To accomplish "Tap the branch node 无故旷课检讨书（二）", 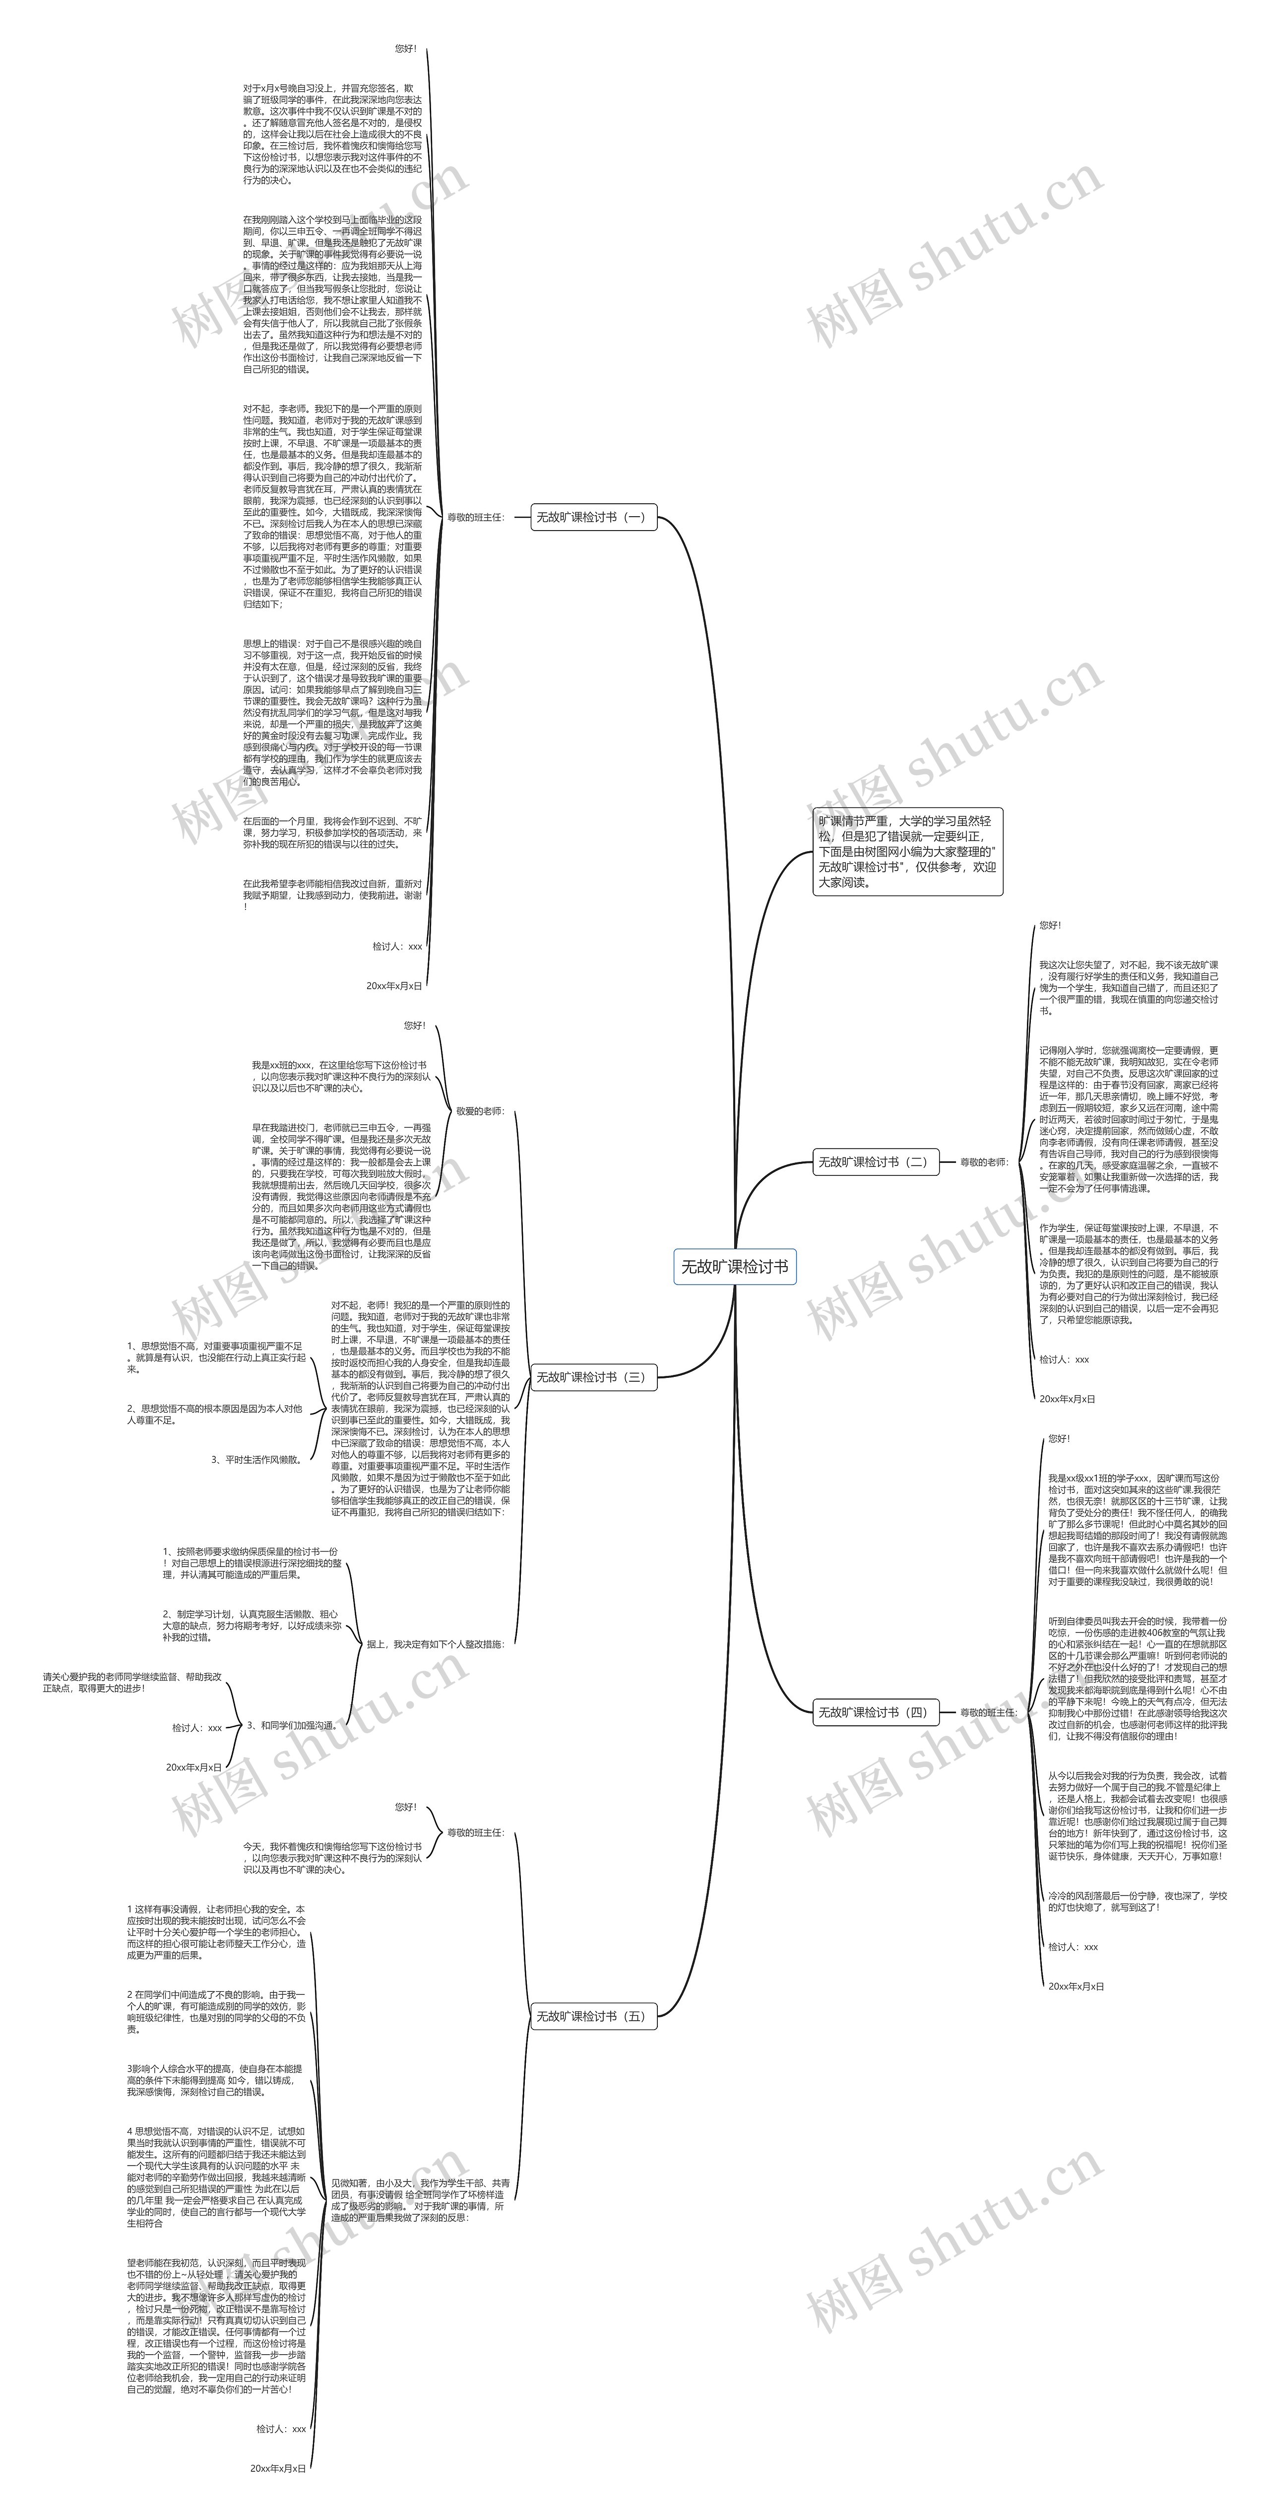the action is [x=873, y=1162].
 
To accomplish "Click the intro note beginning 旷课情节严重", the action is [x=907, y=851].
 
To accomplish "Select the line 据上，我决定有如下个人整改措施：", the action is [x=436, y=1644].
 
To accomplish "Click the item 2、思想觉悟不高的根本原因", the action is [x=215, y=1414].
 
